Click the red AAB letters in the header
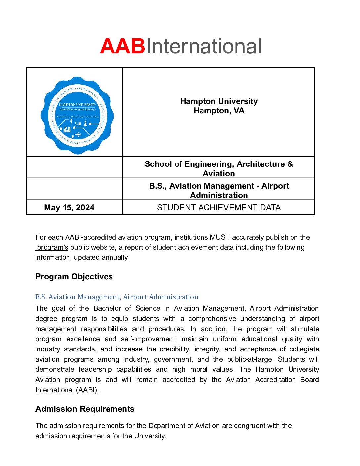[x=122, y=46]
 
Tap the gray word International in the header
[x=204, y=46]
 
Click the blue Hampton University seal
[x=77, y=116]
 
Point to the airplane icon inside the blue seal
[x=78, y=134]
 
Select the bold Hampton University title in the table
[x=219, y=101]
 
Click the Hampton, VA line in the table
[x=219, y=111]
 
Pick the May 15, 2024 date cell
[x=69, y=208]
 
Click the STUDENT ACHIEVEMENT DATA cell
[x=219, y=208]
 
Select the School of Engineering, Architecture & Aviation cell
[x=219, y=168]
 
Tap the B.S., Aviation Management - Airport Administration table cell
[x=219, y=190]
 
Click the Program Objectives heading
[x=74, y=277]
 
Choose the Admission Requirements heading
[x=85, y=409]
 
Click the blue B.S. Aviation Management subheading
[x=117, y=297]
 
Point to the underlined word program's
[x=53, y=248]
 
